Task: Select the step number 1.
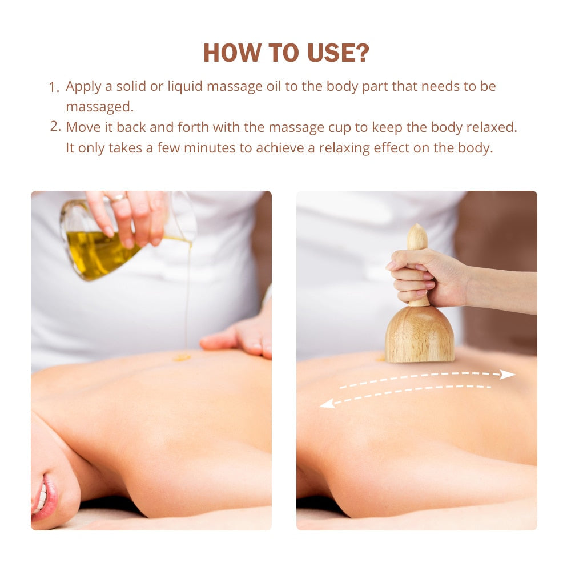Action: tap(54, 87)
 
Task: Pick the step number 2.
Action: tap(55, 127)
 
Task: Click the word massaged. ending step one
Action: tap(99, 107)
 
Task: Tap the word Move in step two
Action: tap(82, 127)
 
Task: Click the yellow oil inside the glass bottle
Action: tap(94, 252)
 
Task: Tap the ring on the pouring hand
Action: tap(117, 198)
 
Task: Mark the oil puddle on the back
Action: tap(182, 357)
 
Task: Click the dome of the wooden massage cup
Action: tap(419, 334)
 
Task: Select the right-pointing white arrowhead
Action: tap(507, 375)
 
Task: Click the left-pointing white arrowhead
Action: tap(327, 404)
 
